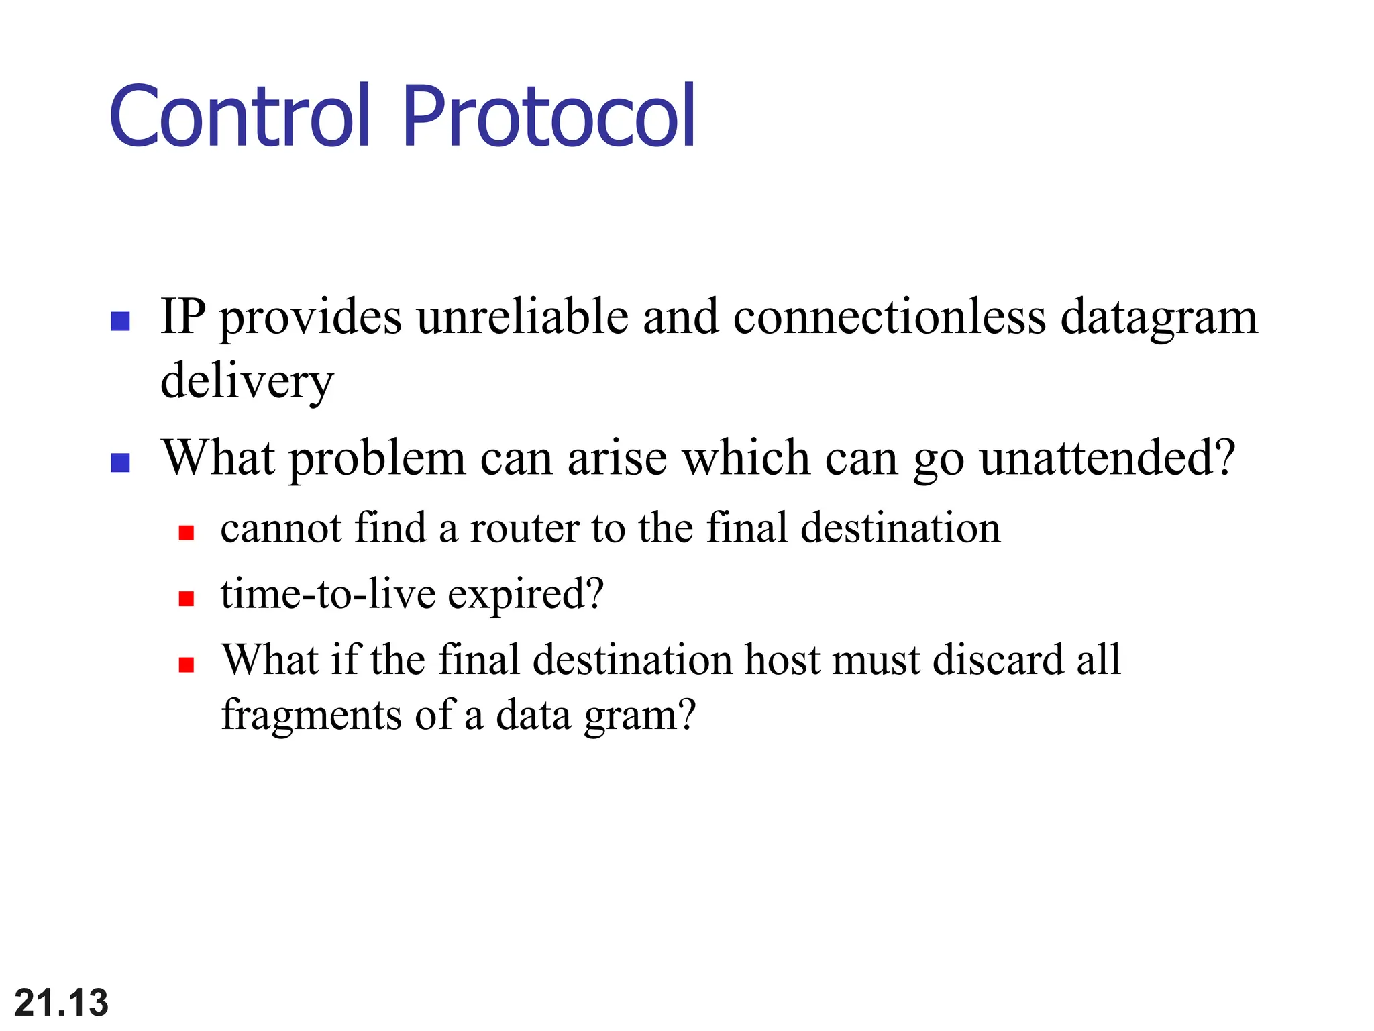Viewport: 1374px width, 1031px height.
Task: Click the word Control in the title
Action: pyautogui.click(x=240, y=115)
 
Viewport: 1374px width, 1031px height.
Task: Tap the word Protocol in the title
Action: pyautogui.click(x=549, y=115)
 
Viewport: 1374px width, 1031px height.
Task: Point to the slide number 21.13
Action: pyautogui.click(x=61, y=1003)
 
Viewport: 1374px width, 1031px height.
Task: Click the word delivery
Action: pyautogui.click(x=247, y=381)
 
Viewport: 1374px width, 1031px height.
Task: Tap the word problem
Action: pyautogui.click(x=377, y=458)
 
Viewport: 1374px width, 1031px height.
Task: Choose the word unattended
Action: pyautogui.click(x=1107, y=458)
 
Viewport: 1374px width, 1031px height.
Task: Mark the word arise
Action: pyautogui.click(x=617, y=458)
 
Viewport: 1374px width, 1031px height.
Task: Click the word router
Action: pyautogui.click(x=524, y=528)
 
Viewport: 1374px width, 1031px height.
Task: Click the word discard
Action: pyautogui.click(x=998, y=660)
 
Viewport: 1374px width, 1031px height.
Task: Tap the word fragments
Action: pyautogui.click(x=311, y=716)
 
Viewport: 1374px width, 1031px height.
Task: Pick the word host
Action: pyautogui.click(x=782, y=660)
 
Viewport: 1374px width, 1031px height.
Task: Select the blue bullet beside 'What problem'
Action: pyautogui.click(x=120, y=462)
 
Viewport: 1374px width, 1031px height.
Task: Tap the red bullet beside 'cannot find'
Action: pyautogui.click(x=187, y=533)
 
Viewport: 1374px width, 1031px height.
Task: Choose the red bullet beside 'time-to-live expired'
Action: pyautogui.click(x=187, y=599)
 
